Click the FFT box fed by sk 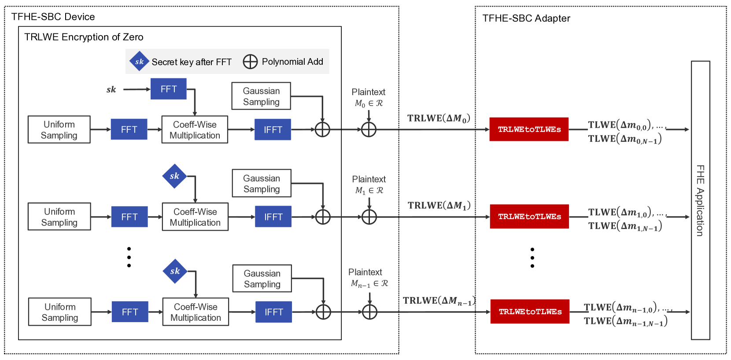click(168, 89)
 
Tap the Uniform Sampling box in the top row click(59, 129)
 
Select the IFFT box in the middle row click(273, 217)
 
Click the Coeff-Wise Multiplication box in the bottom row click(196, 312)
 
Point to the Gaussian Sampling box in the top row click(261, 96)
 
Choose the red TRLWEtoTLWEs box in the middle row click(529, 217)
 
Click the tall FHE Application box click(700, 200)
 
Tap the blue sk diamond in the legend click(139, 61)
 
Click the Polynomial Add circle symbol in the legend click(250, 62)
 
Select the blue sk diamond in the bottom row click(175, 271)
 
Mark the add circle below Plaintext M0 click(369, 129)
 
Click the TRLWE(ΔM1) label click(439, 206)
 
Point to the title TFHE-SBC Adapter click(526, 18)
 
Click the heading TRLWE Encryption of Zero click(84, 37)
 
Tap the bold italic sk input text click(111, 89)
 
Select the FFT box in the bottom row click(130, 312)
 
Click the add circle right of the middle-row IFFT click(323, 217)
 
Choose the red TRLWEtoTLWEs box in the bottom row click(530, 312)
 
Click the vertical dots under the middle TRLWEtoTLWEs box click(532, 257)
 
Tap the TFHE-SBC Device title click(53, 17)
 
